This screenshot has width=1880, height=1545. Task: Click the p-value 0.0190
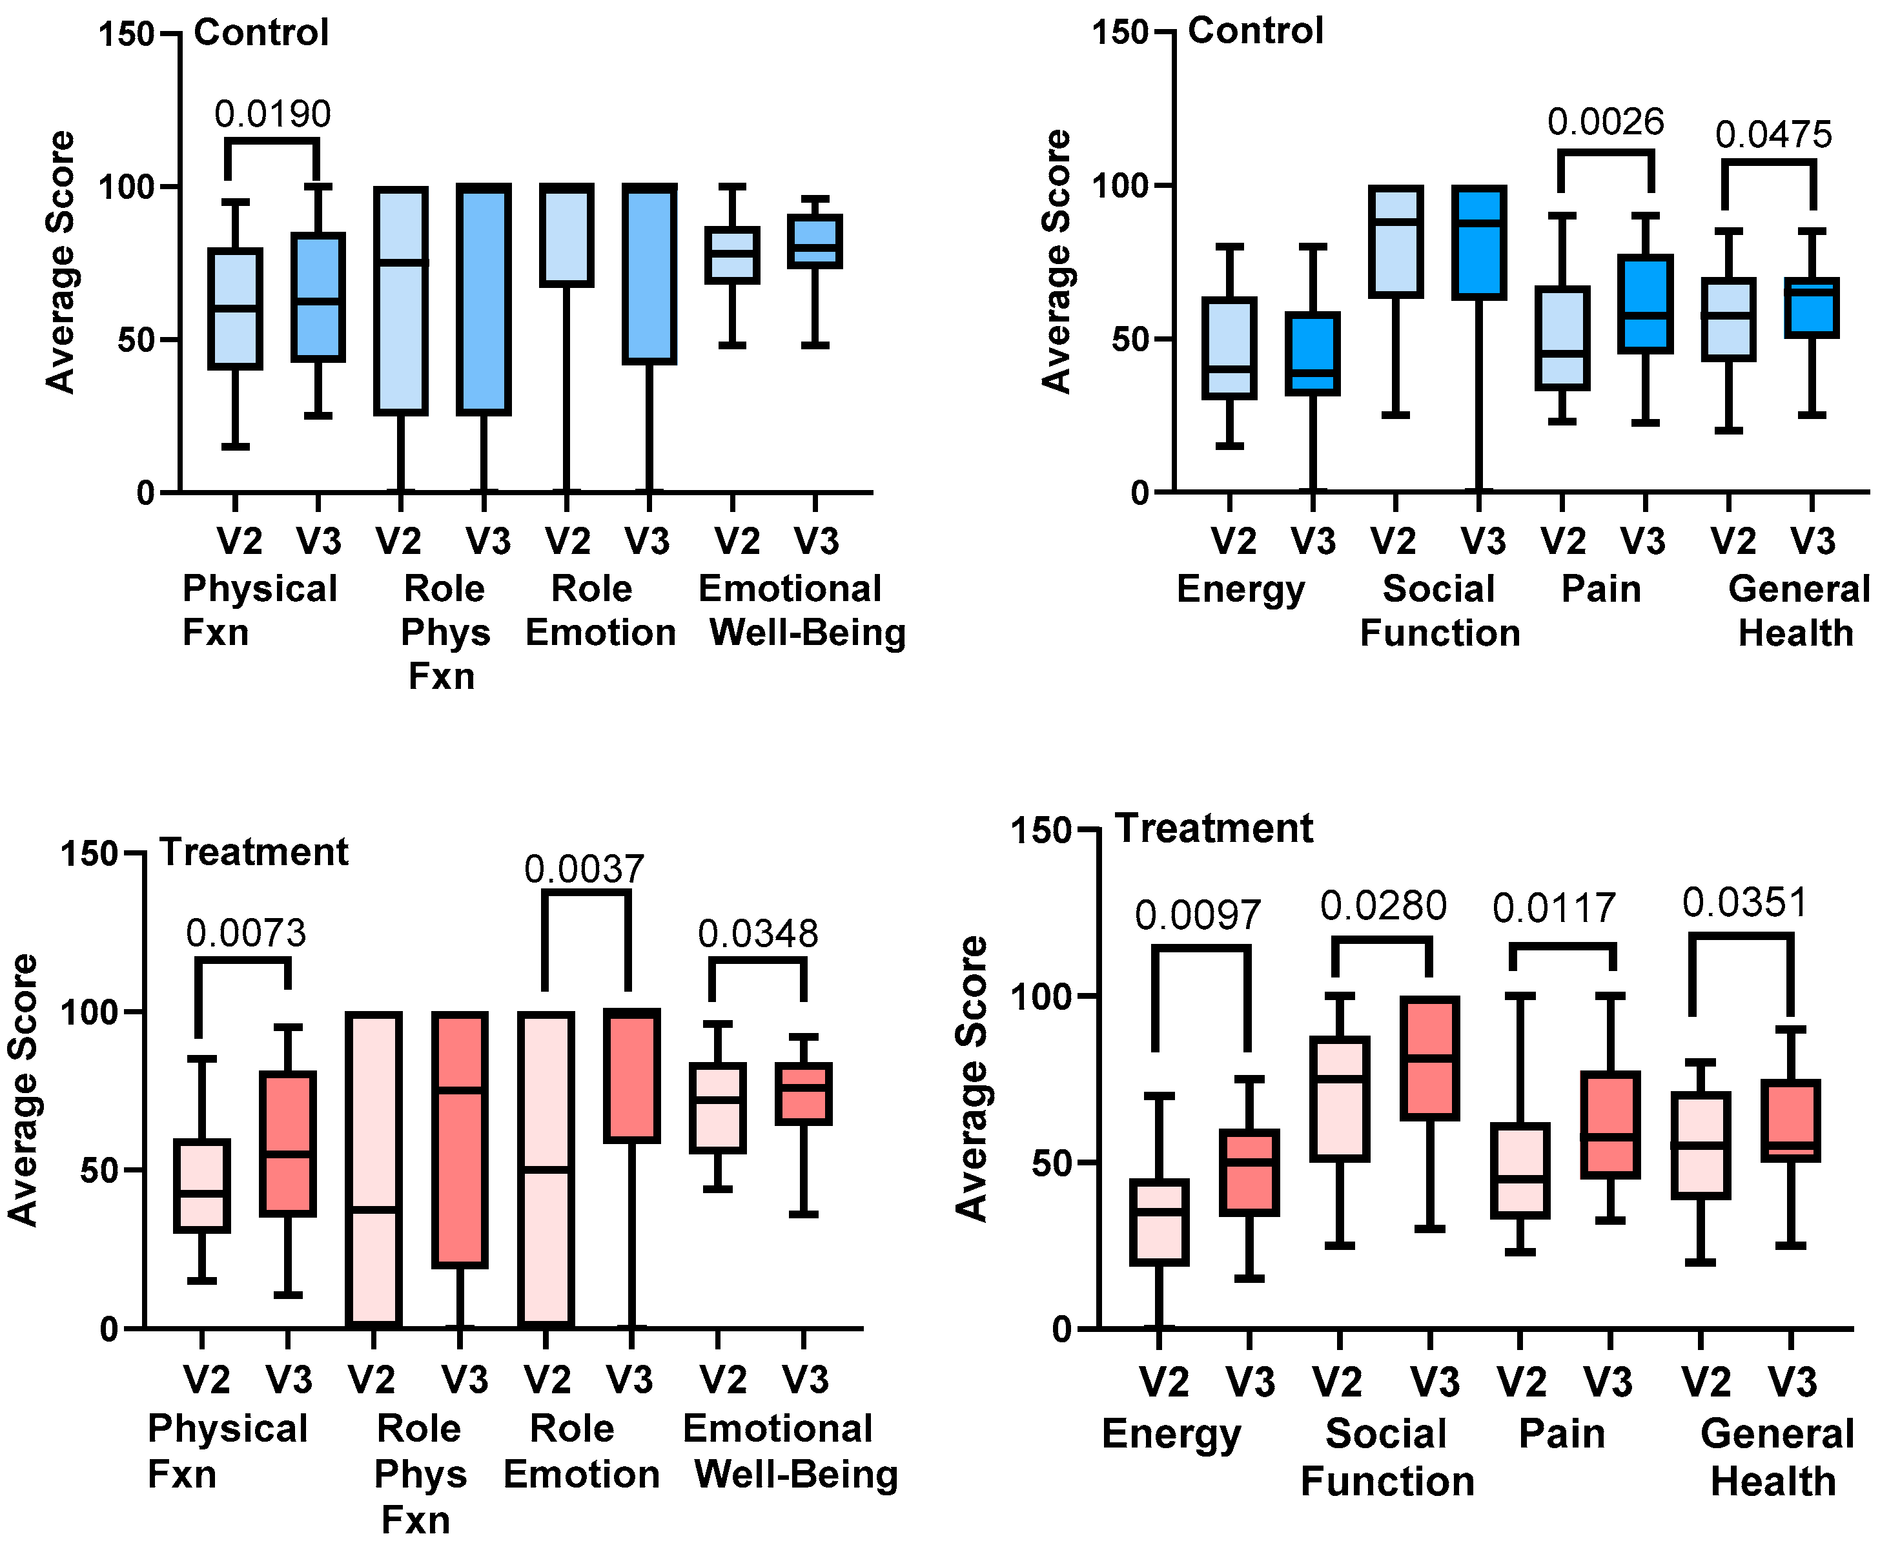point(272,114)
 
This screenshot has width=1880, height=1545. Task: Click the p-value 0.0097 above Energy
point(1198,916)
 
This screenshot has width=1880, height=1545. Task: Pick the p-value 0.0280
point(1384,906)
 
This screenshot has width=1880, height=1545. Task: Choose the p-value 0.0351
point(1745,903)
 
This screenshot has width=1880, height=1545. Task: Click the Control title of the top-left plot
point(261,33)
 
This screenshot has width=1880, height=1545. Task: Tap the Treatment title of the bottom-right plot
point(1214,828)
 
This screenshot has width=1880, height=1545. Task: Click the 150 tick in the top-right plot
point(1119,33)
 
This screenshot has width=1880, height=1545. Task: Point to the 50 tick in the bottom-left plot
point(99,1171)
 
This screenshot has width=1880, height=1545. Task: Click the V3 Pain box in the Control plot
point(1645,304)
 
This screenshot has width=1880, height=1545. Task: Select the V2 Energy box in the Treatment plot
point(1160,1222)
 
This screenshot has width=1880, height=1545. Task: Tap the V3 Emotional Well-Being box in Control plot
point(815,241)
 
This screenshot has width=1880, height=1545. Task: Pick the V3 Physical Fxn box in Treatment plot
point(287,1143)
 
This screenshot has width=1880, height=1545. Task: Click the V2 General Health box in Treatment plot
point(1701,1145)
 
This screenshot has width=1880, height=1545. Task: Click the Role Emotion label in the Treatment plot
point(581,1451)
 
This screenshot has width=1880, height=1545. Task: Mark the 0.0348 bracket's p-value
point(757,934)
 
